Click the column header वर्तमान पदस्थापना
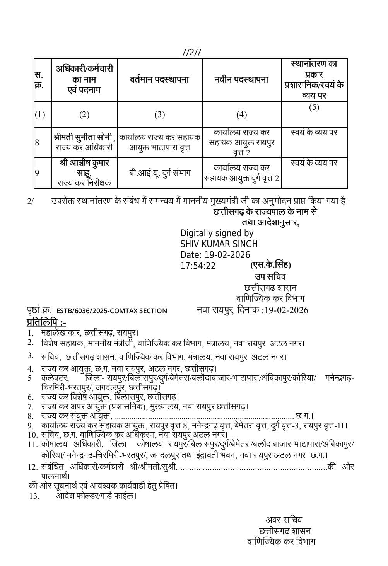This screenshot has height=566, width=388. click(159, 80)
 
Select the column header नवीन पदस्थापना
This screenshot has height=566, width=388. click(241, 80)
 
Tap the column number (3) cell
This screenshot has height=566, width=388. click(159, 114)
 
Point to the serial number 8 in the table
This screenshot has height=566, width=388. click(37, 142)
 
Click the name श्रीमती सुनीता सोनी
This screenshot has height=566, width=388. click(84, 137)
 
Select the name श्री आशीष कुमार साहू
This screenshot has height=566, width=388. click(84, 168)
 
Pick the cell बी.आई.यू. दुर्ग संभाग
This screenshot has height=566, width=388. click(160, 173)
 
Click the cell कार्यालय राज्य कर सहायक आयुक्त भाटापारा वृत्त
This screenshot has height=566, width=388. click(159, 142)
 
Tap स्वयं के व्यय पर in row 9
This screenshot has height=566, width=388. click(314, 163)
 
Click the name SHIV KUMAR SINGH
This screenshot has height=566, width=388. click(219, 244)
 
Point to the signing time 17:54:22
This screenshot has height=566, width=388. click(198, 266)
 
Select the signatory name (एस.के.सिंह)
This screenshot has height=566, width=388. click(270, 265)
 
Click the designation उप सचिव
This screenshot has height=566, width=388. click(270, 277)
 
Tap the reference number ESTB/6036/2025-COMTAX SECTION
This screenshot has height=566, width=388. click(112, 310)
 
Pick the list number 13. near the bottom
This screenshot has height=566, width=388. click(34, 496)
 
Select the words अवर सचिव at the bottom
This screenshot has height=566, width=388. click(284, 520)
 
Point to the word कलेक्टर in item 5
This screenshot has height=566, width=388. click(55, 378)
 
